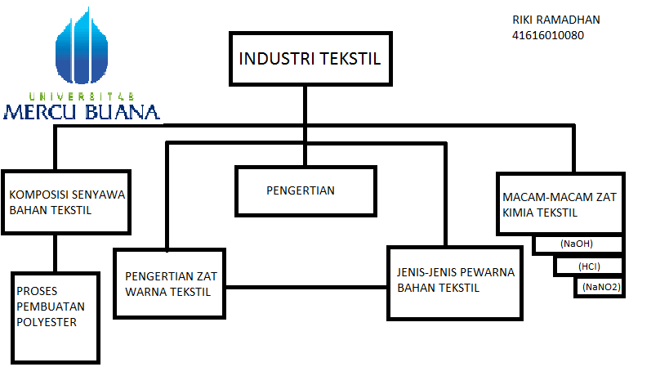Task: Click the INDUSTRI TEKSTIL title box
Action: (x=309, y=59)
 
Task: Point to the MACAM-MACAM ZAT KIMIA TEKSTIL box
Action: (x=560, y=204)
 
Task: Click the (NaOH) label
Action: (x=577, y=244)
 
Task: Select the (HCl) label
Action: (x=588, y=266)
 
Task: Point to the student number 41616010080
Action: (x=548, y=35)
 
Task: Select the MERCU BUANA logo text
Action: (x=82, y=113)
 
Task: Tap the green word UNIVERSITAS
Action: (x=82, y=96)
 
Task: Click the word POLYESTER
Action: (x=47, y=322)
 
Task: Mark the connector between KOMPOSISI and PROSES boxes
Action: (x=56, y=253)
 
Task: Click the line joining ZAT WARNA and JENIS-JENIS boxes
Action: (x=306, y=286)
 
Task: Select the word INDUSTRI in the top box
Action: (x=273, y=59)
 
